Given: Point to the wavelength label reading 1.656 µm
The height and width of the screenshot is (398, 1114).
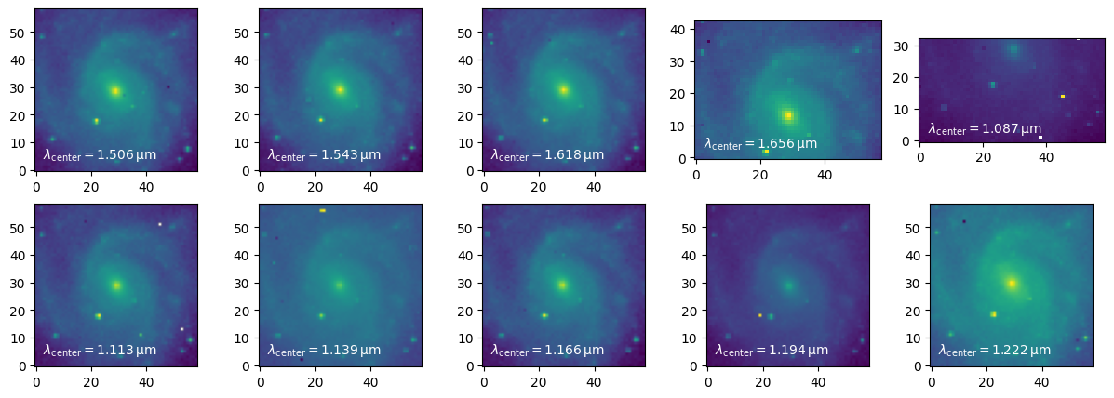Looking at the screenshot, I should coord(760,143).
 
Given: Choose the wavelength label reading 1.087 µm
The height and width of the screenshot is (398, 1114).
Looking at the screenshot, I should coord(985,129).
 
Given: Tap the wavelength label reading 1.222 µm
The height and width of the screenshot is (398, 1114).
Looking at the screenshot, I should coord(995,350).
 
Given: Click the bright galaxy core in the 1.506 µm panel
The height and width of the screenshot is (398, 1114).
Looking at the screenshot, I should coord(115,91).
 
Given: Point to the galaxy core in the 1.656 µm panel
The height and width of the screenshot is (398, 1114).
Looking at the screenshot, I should coord(788,116).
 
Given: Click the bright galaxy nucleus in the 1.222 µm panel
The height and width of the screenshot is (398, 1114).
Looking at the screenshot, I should coord(1012,283).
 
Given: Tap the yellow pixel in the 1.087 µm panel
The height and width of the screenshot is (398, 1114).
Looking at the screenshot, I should coord(1062,96).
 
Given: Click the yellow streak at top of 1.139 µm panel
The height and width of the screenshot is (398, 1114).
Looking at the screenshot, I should coord(322,211).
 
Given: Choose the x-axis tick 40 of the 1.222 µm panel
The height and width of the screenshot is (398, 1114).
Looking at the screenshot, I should coord(1042,381).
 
